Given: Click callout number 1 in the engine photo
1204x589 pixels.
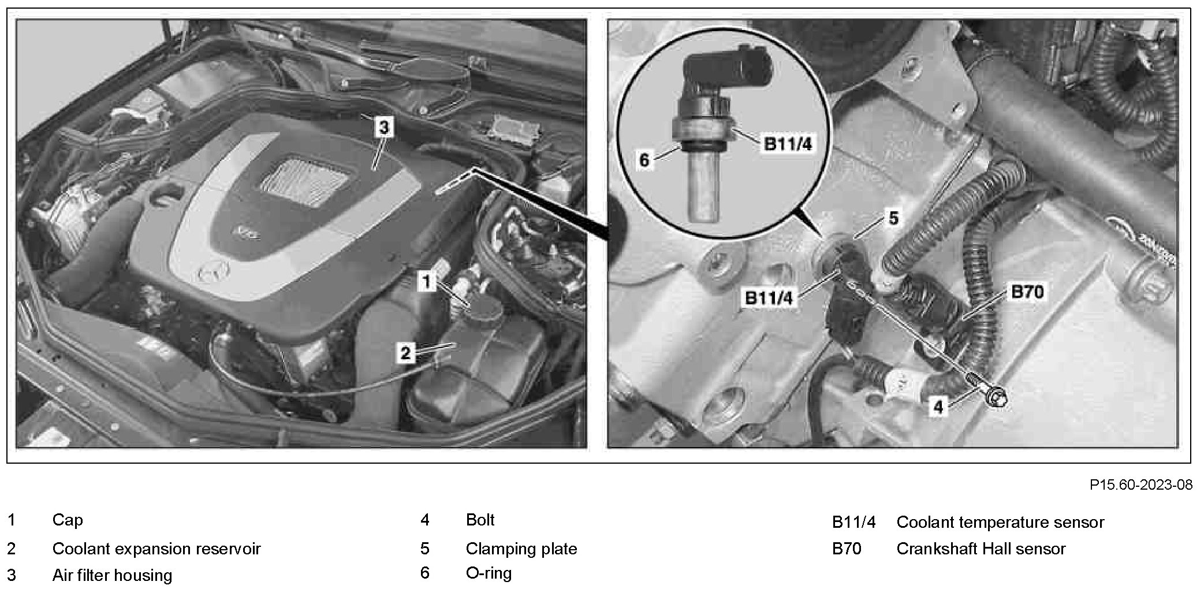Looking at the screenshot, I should (x=426, y=282).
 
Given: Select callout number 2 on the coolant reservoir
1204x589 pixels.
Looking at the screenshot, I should (x=405, y=352).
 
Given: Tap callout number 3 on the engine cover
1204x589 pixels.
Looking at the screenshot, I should (x=384, y=127).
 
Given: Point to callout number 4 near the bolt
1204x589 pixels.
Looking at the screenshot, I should (x=938, y=407).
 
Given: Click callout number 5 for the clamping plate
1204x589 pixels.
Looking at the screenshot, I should (x=893, y=218).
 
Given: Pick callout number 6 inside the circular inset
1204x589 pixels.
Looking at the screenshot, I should (x=644, y=159).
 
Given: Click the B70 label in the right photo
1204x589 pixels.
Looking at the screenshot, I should (x=1027, y=292).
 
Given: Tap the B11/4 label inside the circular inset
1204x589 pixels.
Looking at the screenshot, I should (x=788, y=143).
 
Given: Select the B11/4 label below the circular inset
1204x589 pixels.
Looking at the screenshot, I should (x=769, y=297).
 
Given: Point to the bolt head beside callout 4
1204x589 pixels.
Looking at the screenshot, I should (x=998, y=398).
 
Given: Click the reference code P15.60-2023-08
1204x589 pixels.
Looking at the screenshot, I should (x=1140, y=484).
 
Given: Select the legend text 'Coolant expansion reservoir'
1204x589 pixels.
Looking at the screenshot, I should (x=156, y=548).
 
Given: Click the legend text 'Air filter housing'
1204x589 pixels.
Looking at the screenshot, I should (x=112, y=575).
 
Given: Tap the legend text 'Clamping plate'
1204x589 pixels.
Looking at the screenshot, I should (x=521, y=548).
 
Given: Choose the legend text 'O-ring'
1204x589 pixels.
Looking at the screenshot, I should (x=489, y=573).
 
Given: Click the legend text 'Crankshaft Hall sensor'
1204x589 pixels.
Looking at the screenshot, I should (x=981, y=548).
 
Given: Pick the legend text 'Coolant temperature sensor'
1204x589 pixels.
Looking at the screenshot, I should (x=1000, y=522).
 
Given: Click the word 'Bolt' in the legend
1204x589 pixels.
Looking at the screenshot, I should (x=480, y=520).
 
